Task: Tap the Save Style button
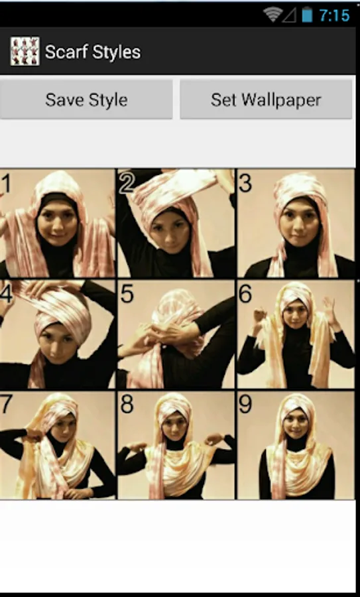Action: tap(86, 99)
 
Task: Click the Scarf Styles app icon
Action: tap(25, 51)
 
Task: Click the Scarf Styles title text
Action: tap(93, 52)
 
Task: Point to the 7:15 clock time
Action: tap(335, 16)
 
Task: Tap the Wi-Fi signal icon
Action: tap(272, 15)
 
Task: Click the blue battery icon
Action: tap(307, 15)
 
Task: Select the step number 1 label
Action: tap(5, 183)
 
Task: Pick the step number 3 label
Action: tap(245, 183)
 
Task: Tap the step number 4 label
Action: tap(7, 294)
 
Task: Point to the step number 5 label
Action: tap(127, 294)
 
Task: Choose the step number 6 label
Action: tap(245, 294)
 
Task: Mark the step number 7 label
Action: tap(6, 405)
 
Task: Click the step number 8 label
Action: tap(127, 405)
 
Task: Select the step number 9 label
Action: tap(245, 405)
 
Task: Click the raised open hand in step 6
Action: tap(330, 310)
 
